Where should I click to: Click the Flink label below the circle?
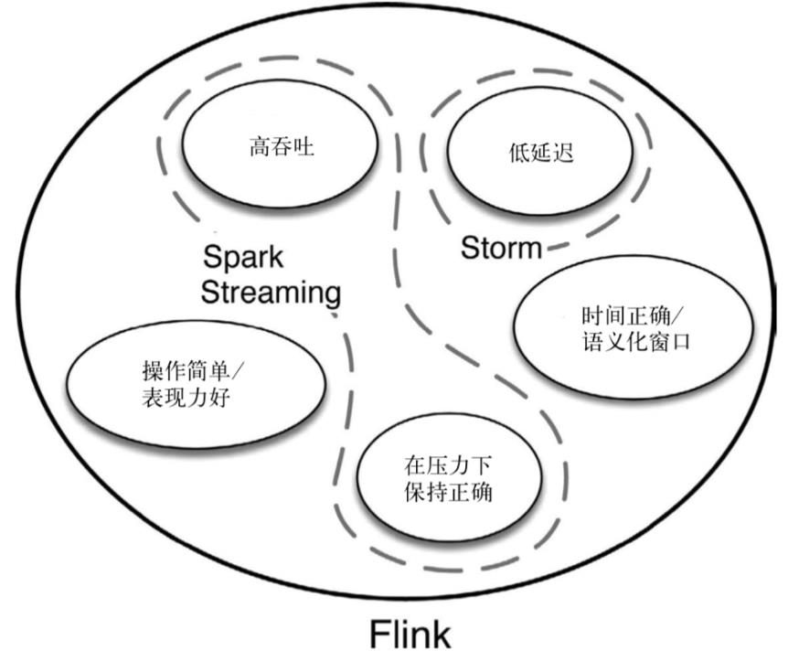[410, 635]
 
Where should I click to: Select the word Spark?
[243, 257]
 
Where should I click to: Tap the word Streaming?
[271, 293]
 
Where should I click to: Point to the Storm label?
[502, 247]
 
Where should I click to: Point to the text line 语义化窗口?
[625, 344]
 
